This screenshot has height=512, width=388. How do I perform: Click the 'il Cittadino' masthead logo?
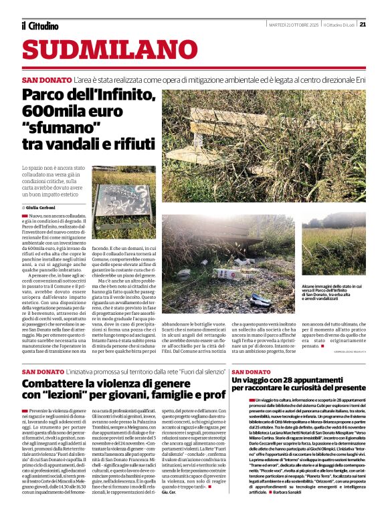click(x=39, y=25)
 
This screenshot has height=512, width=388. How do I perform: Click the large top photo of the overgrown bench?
click(x=264, y=146)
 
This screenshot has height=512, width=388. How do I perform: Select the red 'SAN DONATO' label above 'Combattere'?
click(x=44, y=372)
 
